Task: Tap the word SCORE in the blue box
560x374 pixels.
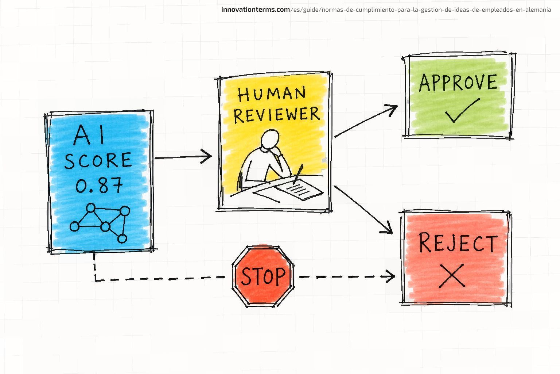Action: [x=98, y=160]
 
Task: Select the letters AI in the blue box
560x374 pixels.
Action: [x=89, y=135]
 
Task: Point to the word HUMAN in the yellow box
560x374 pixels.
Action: [x=272, y=93]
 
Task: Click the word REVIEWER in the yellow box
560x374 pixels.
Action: [x=276, y=115]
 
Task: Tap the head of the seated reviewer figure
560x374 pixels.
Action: [x=270, y=139]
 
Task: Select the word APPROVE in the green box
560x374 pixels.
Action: [x=458, y=83]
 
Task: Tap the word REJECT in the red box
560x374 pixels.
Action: [x=458, y=243]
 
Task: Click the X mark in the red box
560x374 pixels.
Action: [x=452, y=276]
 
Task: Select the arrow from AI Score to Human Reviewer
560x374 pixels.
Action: [x=183, y=157]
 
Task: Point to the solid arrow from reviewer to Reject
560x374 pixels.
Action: [x=363, y=210]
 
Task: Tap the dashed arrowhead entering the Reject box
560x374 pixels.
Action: [x=390, y=276]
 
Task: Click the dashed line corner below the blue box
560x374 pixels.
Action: [x=96, y=280]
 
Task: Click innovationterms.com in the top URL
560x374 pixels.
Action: [x=256, y=9]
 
